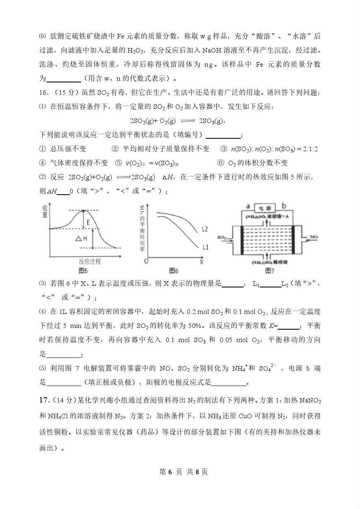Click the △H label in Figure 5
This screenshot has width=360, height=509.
(81, 239)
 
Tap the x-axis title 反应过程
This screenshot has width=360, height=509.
(89, 262)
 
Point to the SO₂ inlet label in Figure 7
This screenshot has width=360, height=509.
(221, 238)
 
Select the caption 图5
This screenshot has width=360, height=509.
(83, 271)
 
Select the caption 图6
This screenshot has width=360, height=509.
(174, 271)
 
